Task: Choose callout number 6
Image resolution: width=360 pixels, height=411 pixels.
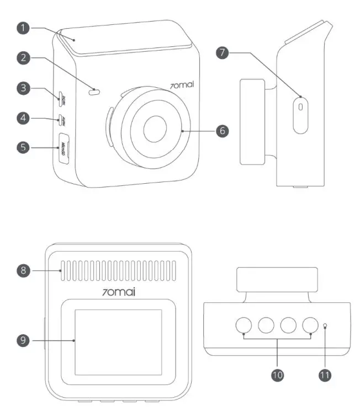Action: click(x=221, y=131)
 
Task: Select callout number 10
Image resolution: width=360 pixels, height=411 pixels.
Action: click(x=278, y=375)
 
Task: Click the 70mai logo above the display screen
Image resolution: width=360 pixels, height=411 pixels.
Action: click(x=118, y=291)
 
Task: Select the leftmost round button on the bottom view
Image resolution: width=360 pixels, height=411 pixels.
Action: click(x=246, y=326)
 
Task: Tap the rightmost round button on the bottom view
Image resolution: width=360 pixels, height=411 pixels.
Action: click(x=310, y=326)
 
